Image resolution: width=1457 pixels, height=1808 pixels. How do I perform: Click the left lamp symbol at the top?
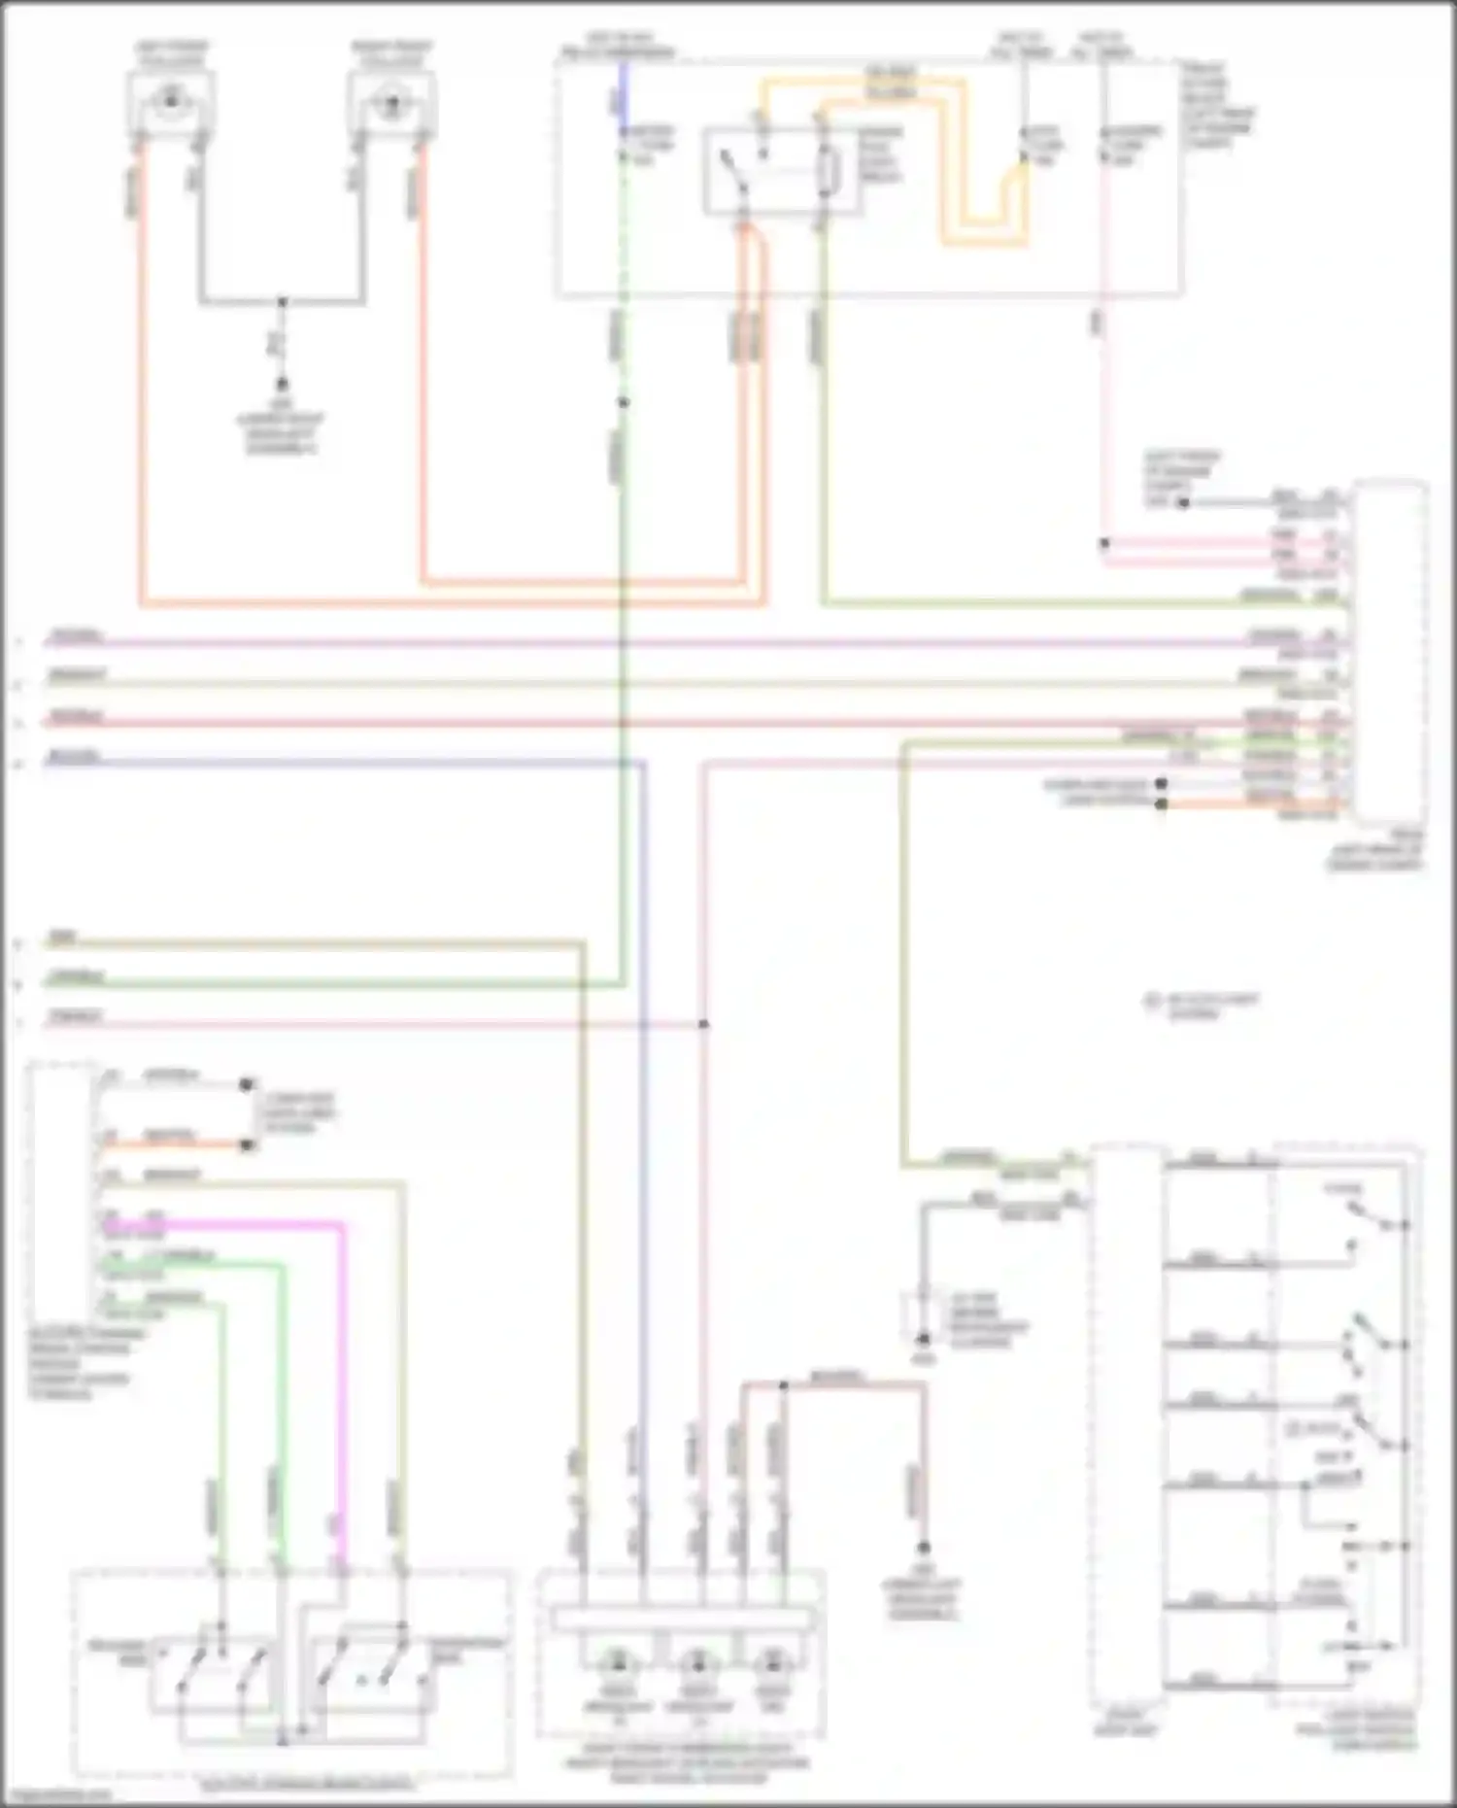point(172,98)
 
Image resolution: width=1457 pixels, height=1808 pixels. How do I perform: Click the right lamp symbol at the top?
point(392,100)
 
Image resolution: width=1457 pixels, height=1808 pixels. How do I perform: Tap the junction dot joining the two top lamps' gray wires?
point(282,302)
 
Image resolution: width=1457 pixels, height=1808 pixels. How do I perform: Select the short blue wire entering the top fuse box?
point(623,92)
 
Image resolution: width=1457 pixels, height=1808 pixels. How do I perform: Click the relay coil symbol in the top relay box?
point(827,173)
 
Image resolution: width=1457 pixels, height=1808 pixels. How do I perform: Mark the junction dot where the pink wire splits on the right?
point(1104,543)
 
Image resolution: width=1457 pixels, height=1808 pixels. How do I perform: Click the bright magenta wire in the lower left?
point(342,1360)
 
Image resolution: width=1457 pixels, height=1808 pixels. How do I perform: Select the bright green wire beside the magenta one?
point(284,1380)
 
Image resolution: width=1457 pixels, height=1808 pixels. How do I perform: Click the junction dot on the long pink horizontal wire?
point(703,1024)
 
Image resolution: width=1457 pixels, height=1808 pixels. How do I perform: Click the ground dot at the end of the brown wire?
point(924,1549)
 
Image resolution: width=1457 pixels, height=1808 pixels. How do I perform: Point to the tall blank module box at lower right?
point(1126,1428)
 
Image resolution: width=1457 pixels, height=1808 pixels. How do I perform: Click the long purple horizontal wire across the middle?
point(680,643)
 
